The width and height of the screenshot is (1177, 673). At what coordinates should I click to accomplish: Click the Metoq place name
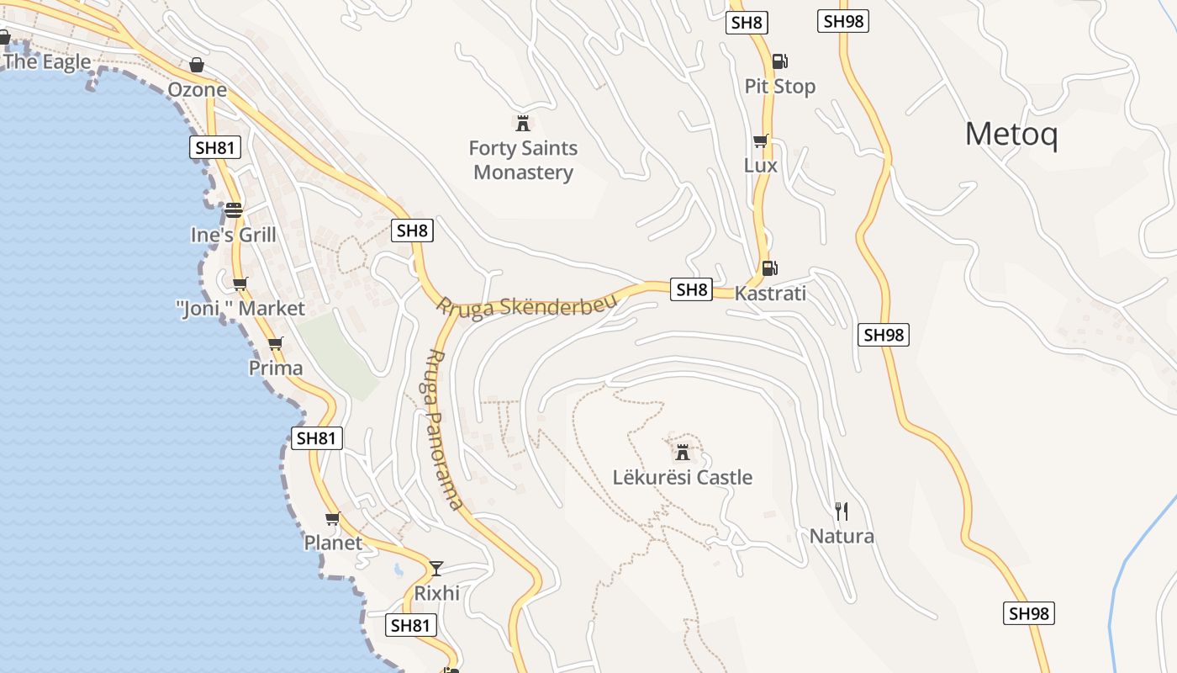[x=1011, y=135]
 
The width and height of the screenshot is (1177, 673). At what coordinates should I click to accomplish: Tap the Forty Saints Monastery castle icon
[x=523, y=124]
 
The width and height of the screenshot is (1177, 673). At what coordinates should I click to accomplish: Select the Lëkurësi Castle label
[x=682, y=478]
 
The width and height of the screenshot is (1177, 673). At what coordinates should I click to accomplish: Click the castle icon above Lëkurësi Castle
[x=683, y=453]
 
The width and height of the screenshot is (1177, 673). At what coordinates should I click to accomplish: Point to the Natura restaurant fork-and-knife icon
[x=842, y=511]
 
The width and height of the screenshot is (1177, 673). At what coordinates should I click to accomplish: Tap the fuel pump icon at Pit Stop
[x=779, y=61]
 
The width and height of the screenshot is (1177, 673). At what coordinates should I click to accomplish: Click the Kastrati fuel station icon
[x=768, y=268]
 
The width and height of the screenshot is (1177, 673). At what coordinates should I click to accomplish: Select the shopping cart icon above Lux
[x=760, y=140]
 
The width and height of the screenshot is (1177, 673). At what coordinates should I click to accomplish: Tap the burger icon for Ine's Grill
[x=233, y=209]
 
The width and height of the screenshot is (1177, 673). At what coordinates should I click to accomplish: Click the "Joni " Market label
[x=241, y=309]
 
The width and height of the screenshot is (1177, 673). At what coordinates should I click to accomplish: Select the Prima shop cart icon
[x=275, y=343]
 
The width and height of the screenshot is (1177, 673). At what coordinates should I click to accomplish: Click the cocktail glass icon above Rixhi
[x=436, y=568]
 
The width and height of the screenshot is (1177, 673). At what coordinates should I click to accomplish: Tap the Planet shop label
[x=333, y=543]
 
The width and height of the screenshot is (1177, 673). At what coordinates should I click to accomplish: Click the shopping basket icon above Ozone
[x=197, y=65]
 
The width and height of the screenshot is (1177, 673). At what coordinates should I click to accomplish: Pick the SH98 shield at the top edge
[x=843, y=21]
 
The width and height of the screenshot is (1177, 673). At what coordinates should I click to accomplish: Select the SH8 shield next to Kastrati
[x=692, y=290]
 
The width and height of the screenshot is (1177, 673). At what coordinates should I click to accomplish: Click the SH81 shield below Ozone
[x=214, y=148]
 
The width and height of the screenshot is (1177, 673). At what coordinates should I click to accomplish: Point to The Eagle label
[x=46, y=61]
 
